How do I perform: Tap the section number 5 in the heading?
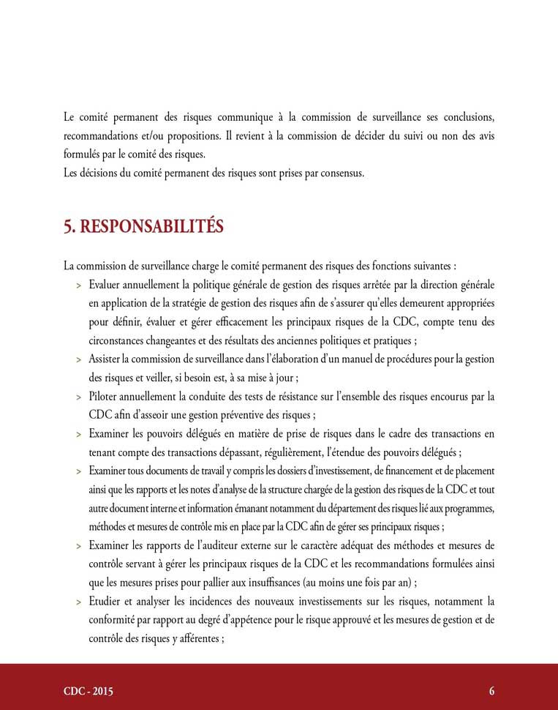(68, 227)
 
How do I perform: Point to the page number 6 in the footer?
(492, 691)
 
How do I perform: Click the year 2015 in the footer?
(101, 691)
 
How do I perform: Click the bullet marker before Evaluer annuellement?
(78, 284)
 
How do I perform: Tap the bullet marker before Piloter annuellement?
(78, 397)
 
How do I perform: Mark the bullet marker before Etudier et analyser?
(78, 602)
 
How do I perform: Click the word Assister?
(107, 359)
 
